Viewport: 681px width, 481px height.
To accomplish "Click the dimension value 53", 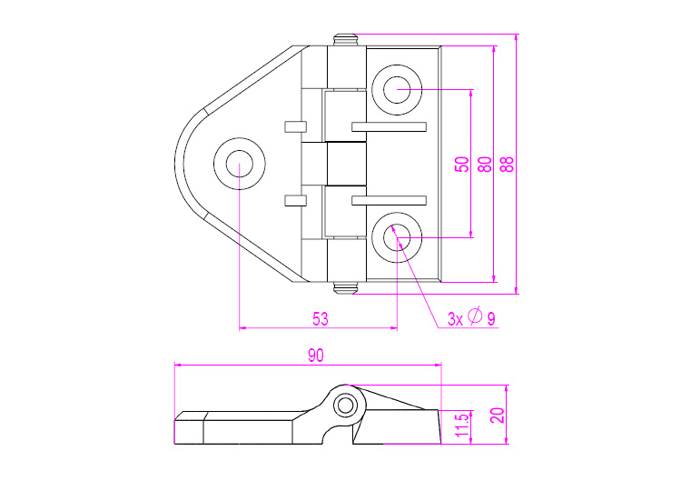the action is click(321, 319).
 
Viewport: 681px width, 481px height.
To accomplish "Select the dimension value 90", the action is click(316, 356).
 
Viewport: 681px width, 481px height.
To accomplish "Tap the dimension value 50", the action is click(462, 165).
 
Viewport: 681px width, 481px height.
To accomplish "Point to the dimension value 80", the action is click(485, 165).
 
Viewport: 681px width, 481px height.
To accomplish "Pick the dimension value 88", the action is click(508, 165).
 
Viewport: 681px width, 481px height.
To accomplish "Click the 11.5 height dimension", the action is click(462, 425).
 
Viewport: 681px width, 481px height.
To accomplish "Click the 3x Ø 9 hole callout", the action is click(471, 317).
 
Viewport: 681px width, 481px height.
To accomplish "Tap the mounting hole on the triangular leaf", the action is click(240, 164).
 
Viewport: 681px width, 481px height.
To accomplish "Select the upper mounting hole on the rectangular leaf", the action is click(397, 90).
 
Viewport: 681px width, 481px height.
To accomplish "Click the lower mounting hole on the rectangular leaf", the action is click(397, 237).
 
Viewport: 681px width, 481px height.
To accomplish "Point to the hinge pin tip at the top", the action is click(345, 40).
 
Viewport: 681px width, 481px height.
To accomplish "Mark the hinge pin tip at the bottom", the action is click(345, 288).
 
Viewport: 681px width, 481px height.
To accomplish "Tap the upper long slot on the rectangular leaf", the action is click(389, 126).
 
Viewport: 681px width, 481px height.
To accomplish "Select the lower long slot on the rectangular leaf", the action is click(389, 200).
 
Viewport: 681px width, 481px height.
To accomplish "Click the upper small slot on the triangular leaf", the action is click(295, 126).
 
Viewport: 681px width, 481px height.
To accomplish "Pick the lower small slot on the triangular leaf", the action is click(295, 200).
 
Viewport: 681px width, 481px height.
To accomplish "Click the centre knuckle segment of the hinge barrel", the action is click(346, 164).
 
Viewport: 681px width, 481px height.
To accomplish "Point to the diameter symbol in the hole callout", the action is click(475, 316).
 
